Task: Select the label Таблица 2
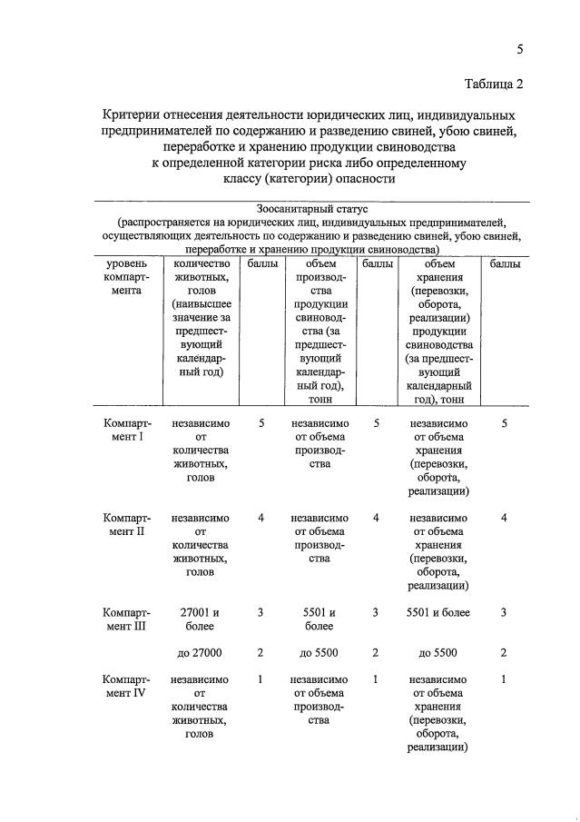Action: pos(494,85)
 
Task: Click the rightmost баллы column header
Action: pos(504,264)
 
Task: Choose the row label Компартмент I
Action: pos(127,430)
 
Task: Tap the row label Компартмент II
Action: pos(127,524)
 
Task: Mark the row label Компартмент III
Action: pos(127,619)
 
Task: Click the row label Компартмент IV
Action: pos(127,686)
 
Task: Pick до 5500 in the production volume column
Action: pos(319,652)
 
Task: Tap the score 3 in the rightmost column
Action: pos(504,613)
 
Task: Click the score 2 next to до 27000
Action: pos(261,652)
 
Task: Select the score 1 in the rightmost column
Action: pos(504,679)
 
